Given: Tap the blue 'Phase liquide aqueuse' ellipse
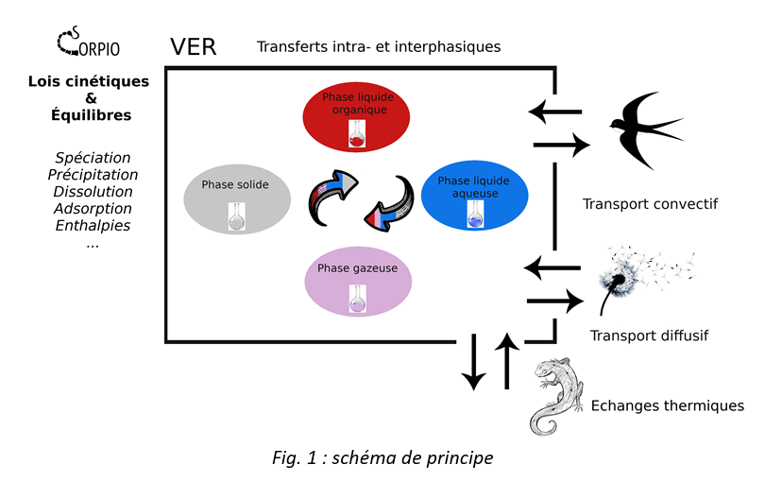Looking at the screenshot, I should click(472, 197).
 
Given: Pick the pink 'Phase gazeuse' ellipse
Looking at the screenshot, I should click(357, 282).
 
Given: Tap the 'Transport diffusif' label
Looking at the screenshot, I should click(649, 335).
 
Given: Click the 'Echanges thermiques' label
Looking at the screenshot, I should click(667, 405).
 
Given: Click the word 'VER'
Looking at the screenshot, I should click(193, 47).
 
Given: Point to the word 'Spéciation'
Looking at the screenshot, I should click(93, 158).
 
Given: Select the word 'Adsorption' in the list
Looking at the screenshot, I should click(93, 209).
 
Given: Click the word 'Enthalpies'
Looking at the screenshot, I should click(93, 226).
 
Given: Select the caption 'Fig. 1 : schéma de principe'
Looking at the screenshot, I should click(382, 458).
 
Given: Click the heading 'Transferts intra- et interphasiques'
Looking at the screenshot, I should click(379, 45).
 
